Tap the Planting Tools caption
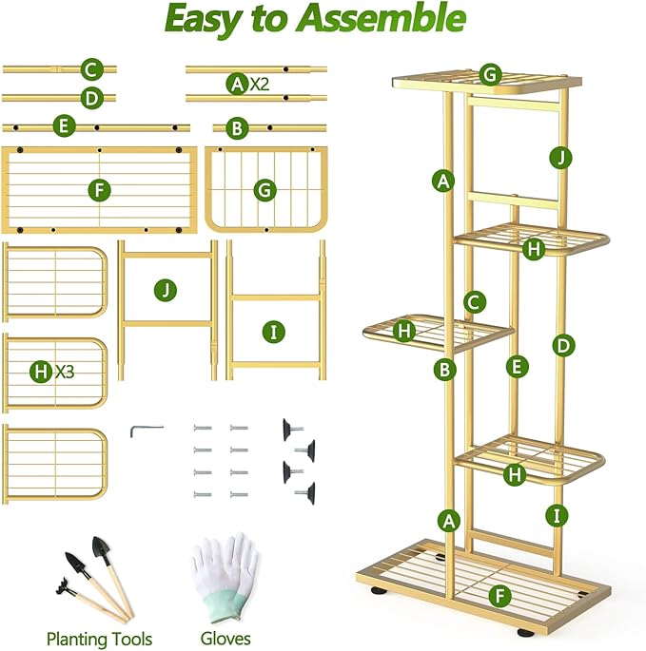(x=99, y=639)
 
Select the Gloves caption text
(x=225, y=639)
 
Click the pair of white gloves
(x=225, y=576)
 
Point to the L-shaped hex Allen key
(x=145, y=430)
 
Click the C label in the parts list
(x=92, y=69)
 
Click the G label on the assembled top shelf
(x=490, y=74)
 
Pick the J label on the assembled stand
(x=560, y=158)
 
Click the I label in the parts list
(x=274, y=332)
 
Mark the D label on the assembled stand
(x=563, y=346)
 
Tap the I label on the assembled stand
(x=559, y=516)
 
